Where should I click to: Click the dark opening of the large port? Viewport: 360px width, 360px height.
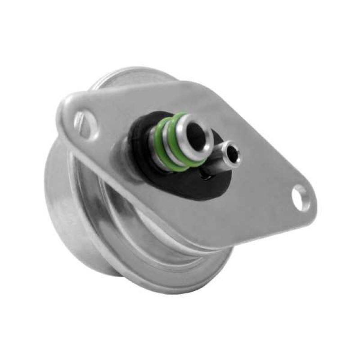(196, 132)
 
